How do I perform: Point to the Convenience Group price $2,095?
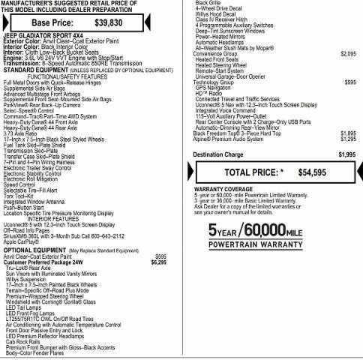pos(348,54)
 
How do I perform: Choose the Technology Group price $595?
pos(350,81)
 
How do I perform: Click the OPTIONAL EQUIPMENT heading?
pos(33,271)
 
